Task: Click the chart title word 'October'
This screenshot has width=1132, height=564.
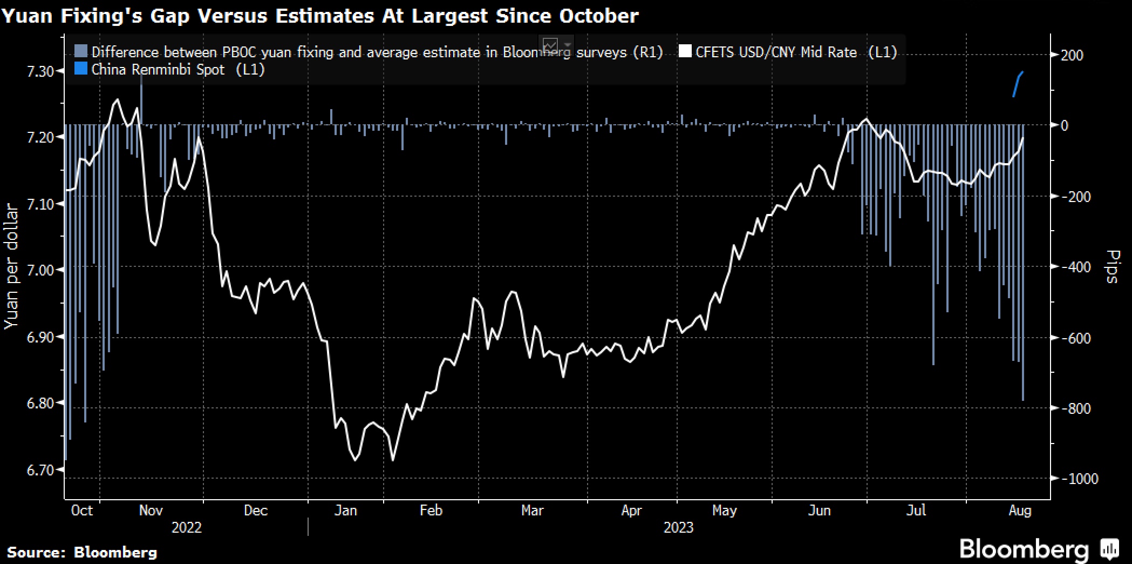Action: tap(598, 16)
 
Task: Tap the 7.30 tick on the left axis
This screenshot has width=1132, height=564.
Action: tap(41, 71)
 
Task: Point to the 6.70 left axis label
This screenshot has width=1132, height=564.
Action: tap(41, 470)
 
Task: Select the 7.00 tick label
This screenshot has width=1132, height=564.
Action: tap(41, 270)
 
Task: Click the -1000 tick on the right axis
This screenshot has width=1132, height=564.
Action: tap(1080, 479)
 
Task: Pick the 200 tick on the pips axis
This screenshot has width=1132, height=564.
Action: tap(1072, 56)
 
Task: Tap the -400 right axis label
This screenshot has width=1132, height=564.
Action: tap(1075, 267)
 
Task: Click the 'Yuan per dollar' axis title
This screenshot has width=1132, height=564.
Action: tap(11, 267)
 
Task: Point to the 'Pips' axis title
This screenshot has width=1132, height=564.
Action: tap(1113, 267)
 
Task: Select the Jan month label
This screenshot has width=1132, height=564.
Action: tap(345, 511)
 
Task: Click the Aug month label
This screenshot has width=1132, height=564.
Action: tap(1019, 511)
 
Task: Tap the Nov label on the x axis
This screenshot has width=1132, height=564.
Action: tap(151, 511)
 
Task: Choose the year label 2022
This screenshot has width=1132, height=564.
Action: tap(186, 528)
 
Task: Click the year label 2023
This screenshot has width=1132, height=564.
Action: tap(678, 528)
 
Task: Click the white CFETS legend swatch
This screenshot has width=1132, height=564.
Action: tap(685, 52)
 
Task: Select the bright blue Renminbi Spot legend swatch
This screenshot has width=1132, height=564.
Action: tap(80, 69)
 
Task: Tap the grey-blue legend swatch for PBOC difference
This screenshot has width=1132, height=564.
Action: tap(80, 52)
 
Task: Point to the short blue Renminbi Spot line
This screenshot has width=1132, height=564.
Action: tap(1018, 84)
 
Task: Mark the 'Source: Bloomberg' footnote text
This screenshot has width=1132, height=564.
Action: tap(82, 552)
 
